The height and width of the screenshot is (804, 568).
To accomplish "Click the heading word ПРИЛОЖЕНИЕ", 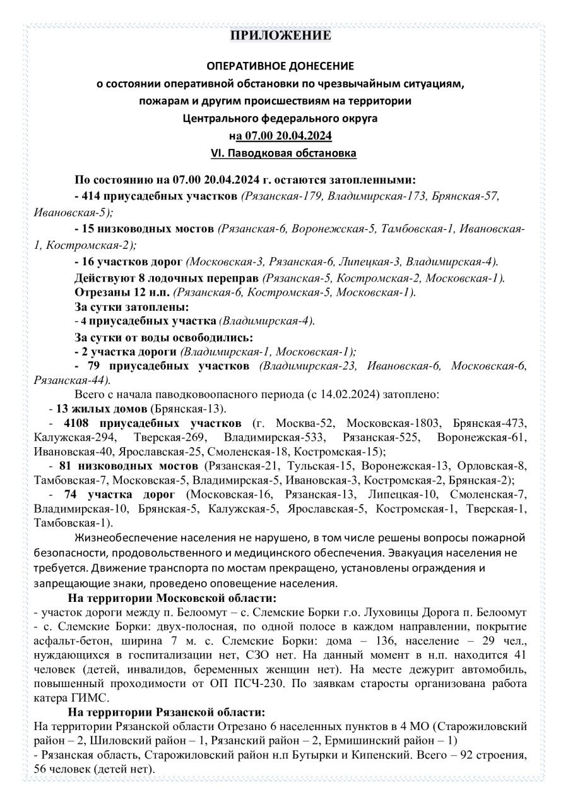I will [x=280, y=35].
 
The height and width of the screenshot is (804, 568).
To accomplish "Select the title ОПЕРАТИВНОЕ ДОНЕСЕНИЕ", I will [x=280, y=66].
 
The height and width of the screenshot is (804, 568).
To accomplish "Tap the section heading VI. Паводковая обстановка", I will [x=283, y=153].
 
